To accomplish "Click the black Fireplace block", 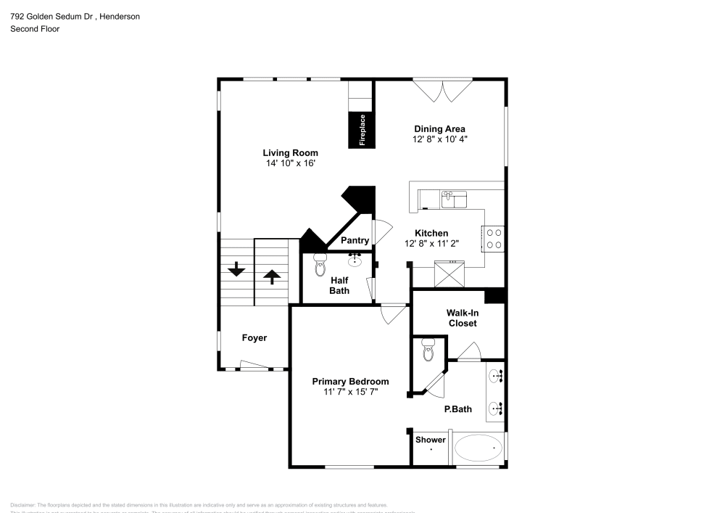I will pyautogui.click(x=361, y=130).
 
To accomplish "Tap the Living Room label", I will pyautogui.click(x=290, y=153).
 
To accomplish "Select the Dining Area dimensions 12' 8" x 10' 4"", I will pyautogui.click(x=440, y=140).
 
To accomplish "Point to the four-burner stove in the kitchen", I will pyautogui.click(x=494, y=239).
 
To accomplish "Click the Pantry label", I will pyautogui.click(x=355, y=241).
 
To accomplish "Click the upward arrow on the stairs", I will pyautogui.click(x=272, y=276).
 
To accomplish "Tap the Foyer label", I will pyautogui.click(x=254, y=338).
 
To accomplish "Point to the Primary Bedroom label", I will pyautogui.click(x=350, y=382).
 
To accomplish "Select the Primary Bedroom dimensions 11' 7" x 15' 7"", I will pyautogui.click(x=350, y=392).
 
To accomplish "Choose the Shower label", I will pyautogui.click(x=430, y=440).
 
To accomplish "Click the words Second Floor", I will pyautogui.click(x=35, y=29).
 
